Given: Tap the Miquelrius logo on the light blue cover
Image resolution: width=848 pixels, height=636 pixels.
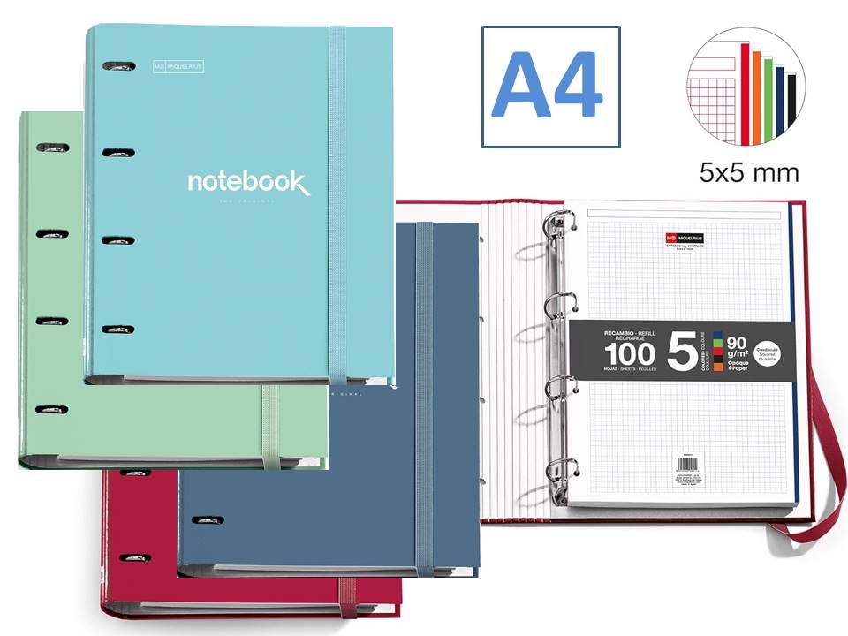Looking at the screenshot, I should coord(178,65).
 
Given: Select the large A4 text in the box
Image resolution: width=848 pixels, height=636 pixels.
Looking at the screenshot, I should coord(549,87).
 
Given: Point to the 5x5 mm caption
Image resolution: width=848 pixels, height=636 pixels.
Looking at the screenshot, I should coord(748,172).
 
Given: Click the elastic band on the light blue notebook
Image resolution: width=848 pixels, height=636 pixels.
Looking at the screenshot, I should coord(338,203).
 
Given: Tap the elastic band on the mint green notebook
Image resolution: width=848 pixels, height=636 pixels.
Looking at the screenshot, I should coord(270,424).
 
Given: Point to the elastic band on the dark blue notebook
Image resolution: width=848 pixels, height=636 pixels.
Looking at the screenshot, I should coord(426,397).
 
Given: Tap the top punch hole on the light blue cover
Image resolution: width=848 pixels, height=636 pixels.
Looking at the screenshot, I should coord(118,66).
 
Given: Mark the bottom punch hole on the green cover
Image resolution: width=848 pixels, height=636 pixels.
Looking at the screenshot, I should coord(51,409).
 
